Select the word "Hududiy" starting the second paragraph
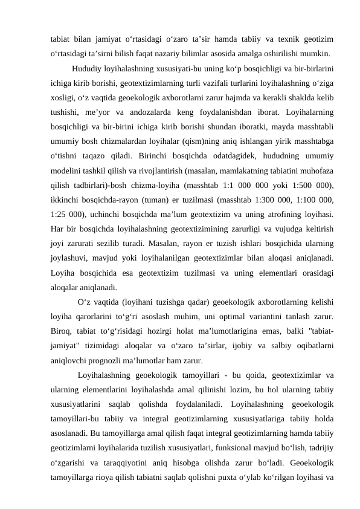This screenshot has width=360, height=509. pos(86,66)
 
